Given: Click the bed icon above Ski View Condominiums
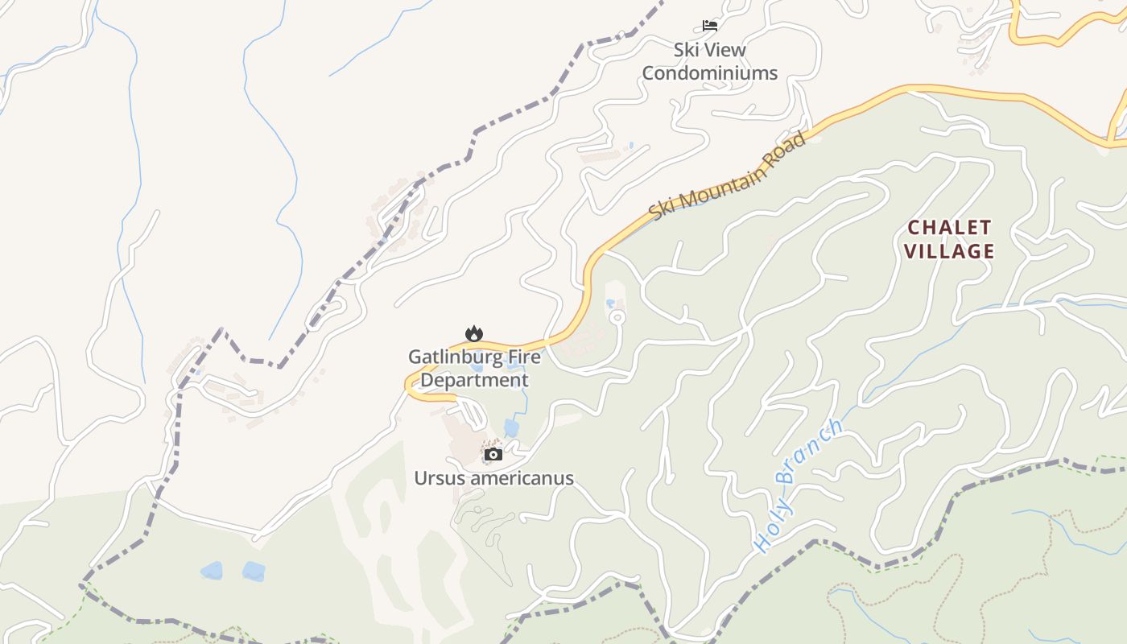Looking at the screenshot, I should pos(709,26).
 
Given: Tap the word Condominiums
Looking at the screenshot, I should pos(709,73).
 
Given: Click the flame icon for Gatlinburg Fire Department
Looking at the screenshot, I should pos(474,333).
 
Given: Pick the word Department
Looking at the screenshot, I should pos(475,380).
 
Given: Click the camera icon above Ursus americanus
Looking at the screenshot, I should pos(493,455).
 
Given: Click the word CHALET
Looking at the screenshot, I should pos(949,228).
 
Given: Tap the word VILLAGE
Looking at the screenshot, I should pos(949,252).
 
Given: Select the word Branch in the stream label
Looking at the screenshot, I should pos(811,452).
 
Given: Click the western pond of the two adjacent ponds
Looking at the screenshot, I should pos(212,571).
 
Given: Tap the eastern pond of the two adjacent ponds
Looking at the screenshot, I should pos(254,572).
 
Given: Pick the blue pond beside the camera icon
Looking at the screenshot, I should pos(511,427).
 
